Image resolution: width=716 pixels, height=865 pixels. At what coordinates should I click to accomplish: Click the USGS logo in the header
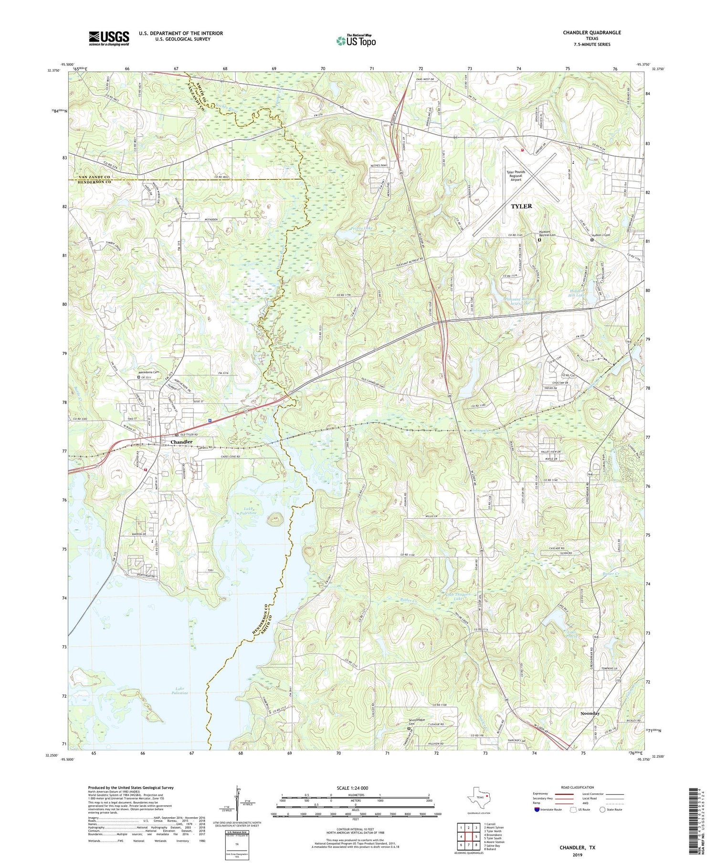click(x=109, y=38)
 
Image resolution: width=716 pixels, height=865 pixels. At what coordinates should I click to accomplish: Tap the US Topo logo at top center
click(x=356, y=41)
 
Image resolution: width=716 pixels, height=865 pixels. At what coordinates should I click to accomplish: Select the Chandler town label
click(x=181, y=442)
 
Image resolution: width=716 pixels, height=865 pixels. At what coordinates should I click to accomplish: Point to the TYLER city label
click(x=521, y=206)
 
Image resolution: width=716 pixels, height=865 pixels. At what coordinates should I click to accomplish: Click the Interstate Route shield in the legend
click(x=537, y=809)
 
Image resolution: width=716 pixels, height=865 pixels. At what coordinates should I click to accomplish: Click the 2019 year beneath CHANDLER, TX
click(x=578, y=855)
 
